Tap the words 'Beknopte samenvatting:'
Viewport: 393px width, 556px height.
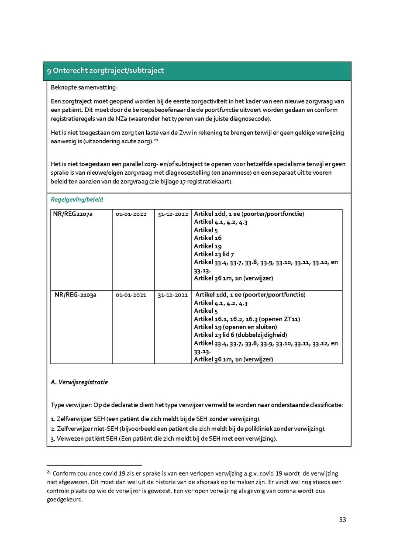pyautogui.click(x=84, y=87)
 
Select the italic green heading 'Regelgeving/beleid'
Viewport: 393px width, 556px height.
pyautogui.click(x=77, y=200)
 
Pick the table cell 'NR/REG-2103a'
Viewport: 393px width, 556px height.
pyautogui.click(x=75, y=295)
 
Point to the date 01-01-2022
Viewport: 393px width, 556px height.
pyautogui.click(x=131, y=214)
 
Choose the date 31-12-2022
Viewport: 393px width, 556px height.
pyautogui.click(x=173, y=214)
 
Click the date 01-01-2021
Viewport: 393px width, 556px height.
pyautogui.click(x=131, y=295)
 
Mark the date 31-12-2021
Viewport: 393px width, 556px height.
pyautogui.click(x=173, y=295)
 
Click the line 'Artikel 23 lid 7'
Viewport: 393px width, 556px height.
pyautogui.click(x=217, y=254)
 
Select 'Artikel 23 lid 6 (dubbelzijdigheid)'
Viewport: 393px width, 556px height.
pyautogui.click(x=241, y=335)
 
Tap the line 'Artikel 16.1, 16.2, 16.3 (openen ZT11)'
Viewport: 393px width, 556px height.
pyautogui.click(x=247, y=319)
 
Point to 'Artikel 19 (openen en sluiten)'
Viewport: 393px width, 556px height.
pyautogui.click(x=235, y=327)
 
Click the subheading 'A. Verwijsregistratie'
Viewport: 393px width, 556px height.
pyautogui.click(x=79, y=382)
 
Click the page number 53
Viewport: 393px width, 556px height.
pyautogui.click(x=342, y=519)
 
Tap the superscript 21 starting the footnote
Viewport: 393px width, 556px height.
pyautogui.click(x=49, y=472)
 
